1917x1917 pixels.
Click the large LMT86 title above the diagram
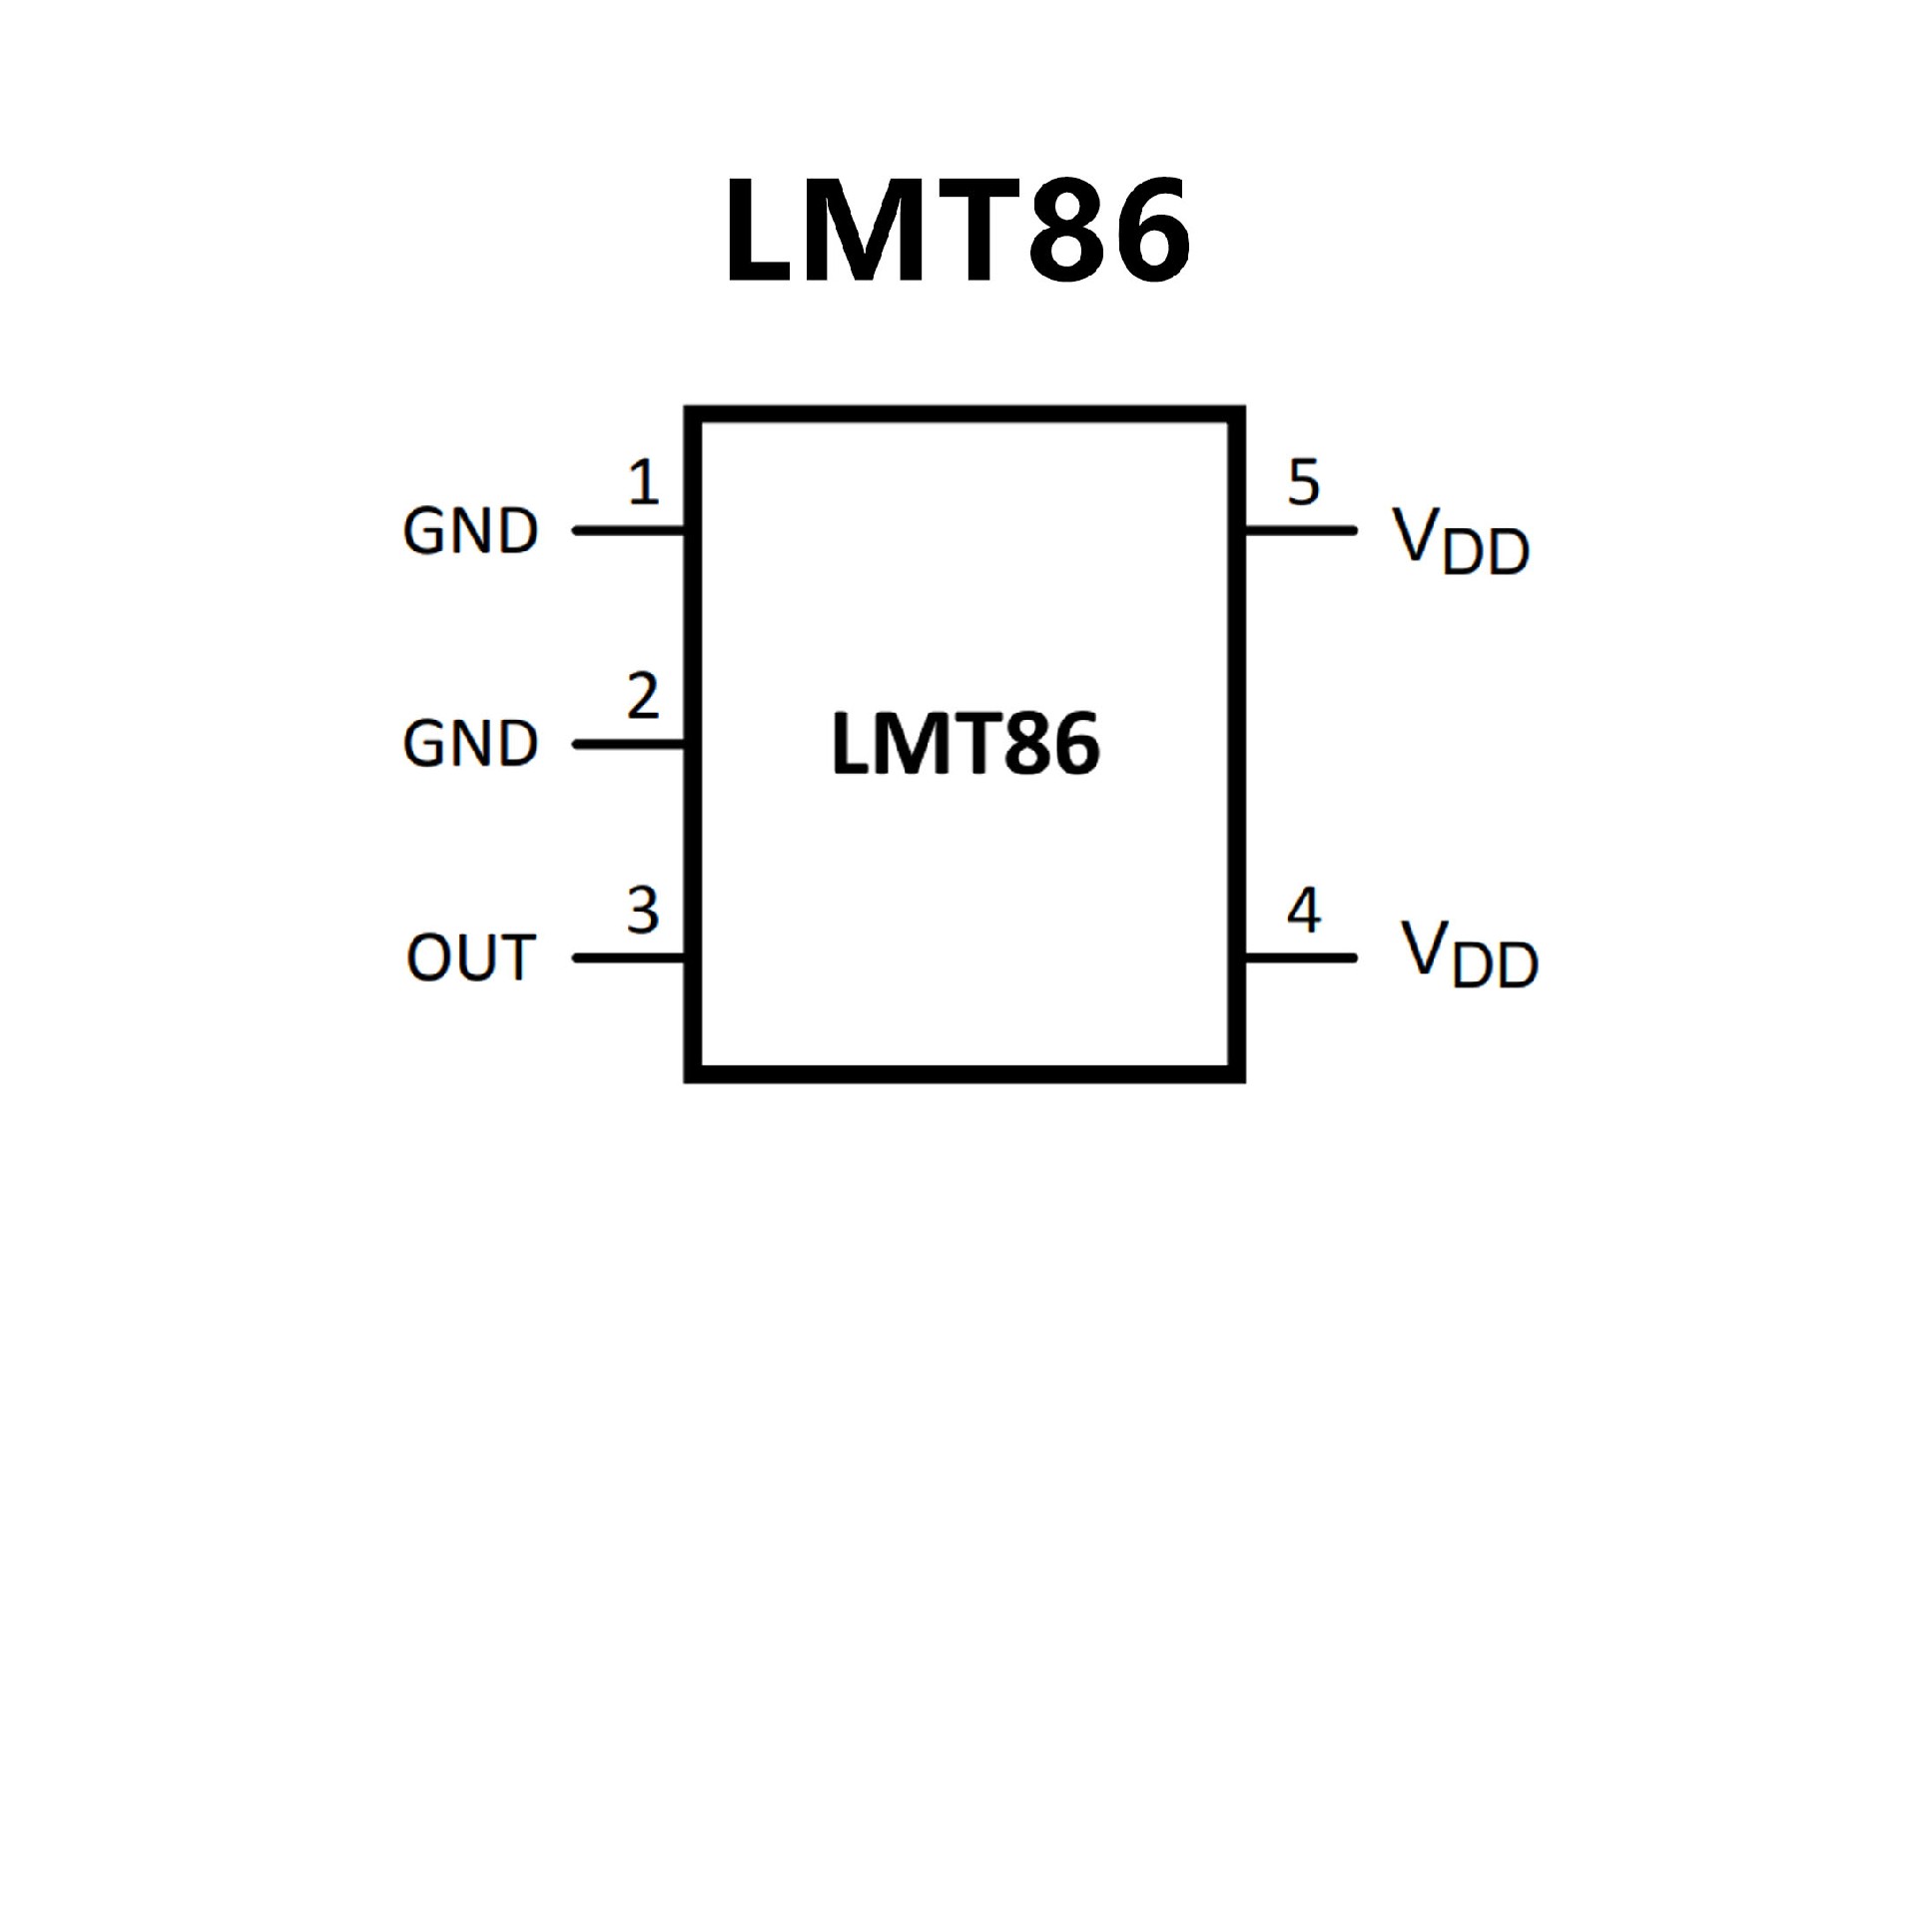[957, 231]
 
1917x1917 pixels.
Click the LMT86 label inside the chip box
[964, 744]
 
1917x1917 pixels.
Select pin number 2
[643, 696]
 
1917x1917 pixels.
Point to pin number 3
[643, 911]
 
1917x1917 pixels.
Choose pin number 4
[1304, 911]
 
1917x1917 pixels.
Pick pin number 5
[1304, 482]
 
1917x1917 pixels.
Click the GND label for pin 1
[470, 531]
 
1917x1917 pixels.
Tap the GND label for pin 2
[470, 744]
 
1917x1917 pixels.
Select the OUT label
[470, 958]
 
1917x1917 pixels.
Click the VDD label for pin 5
[1461, 541]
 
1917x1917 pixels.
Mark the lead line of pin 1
[629, 530]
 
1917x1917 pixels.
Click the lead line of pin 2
[629, 744]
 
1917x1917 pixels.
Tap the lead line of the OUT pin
[629, 958]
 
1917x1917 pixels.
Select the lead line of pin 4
[1300, 958]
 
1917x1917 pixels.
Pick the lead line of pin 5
[1300, 530]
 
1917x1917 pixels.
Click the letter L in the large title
[761, 231]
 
